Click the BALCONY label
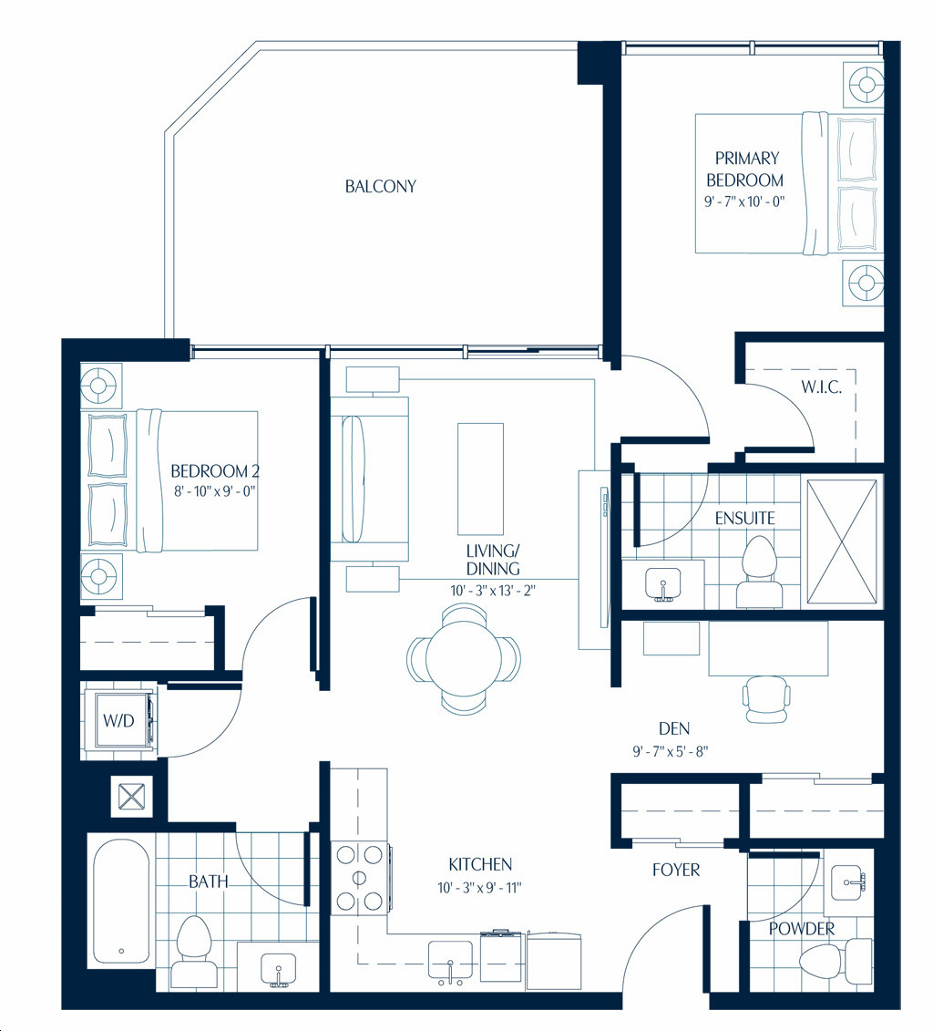coord(381,186)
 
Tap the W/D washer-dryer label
coord(118,721)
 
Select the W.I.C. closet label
coord(821,387)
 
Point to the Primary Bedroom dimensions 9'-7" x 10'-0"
coord(744,201)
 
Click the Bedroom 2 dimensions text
coord(214,490)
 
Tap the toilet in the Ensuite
coord(759,572)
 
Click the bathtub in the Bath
coord(121,901)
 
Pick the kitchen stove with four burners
coord(359,877)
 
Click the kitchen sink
coord(450,960)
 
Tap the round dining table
coord(464,658)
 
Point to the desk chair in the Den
coord(766,699)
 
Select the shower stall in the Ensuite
coord(842,541)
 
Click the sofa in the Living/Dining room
coord(369,479)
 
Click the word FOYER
coord(675,870)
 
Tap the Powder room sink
coord(848,882)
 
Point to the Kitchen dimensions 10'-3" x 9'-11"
coord(479,888)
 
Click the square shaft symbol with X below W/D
coord(131,796)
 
